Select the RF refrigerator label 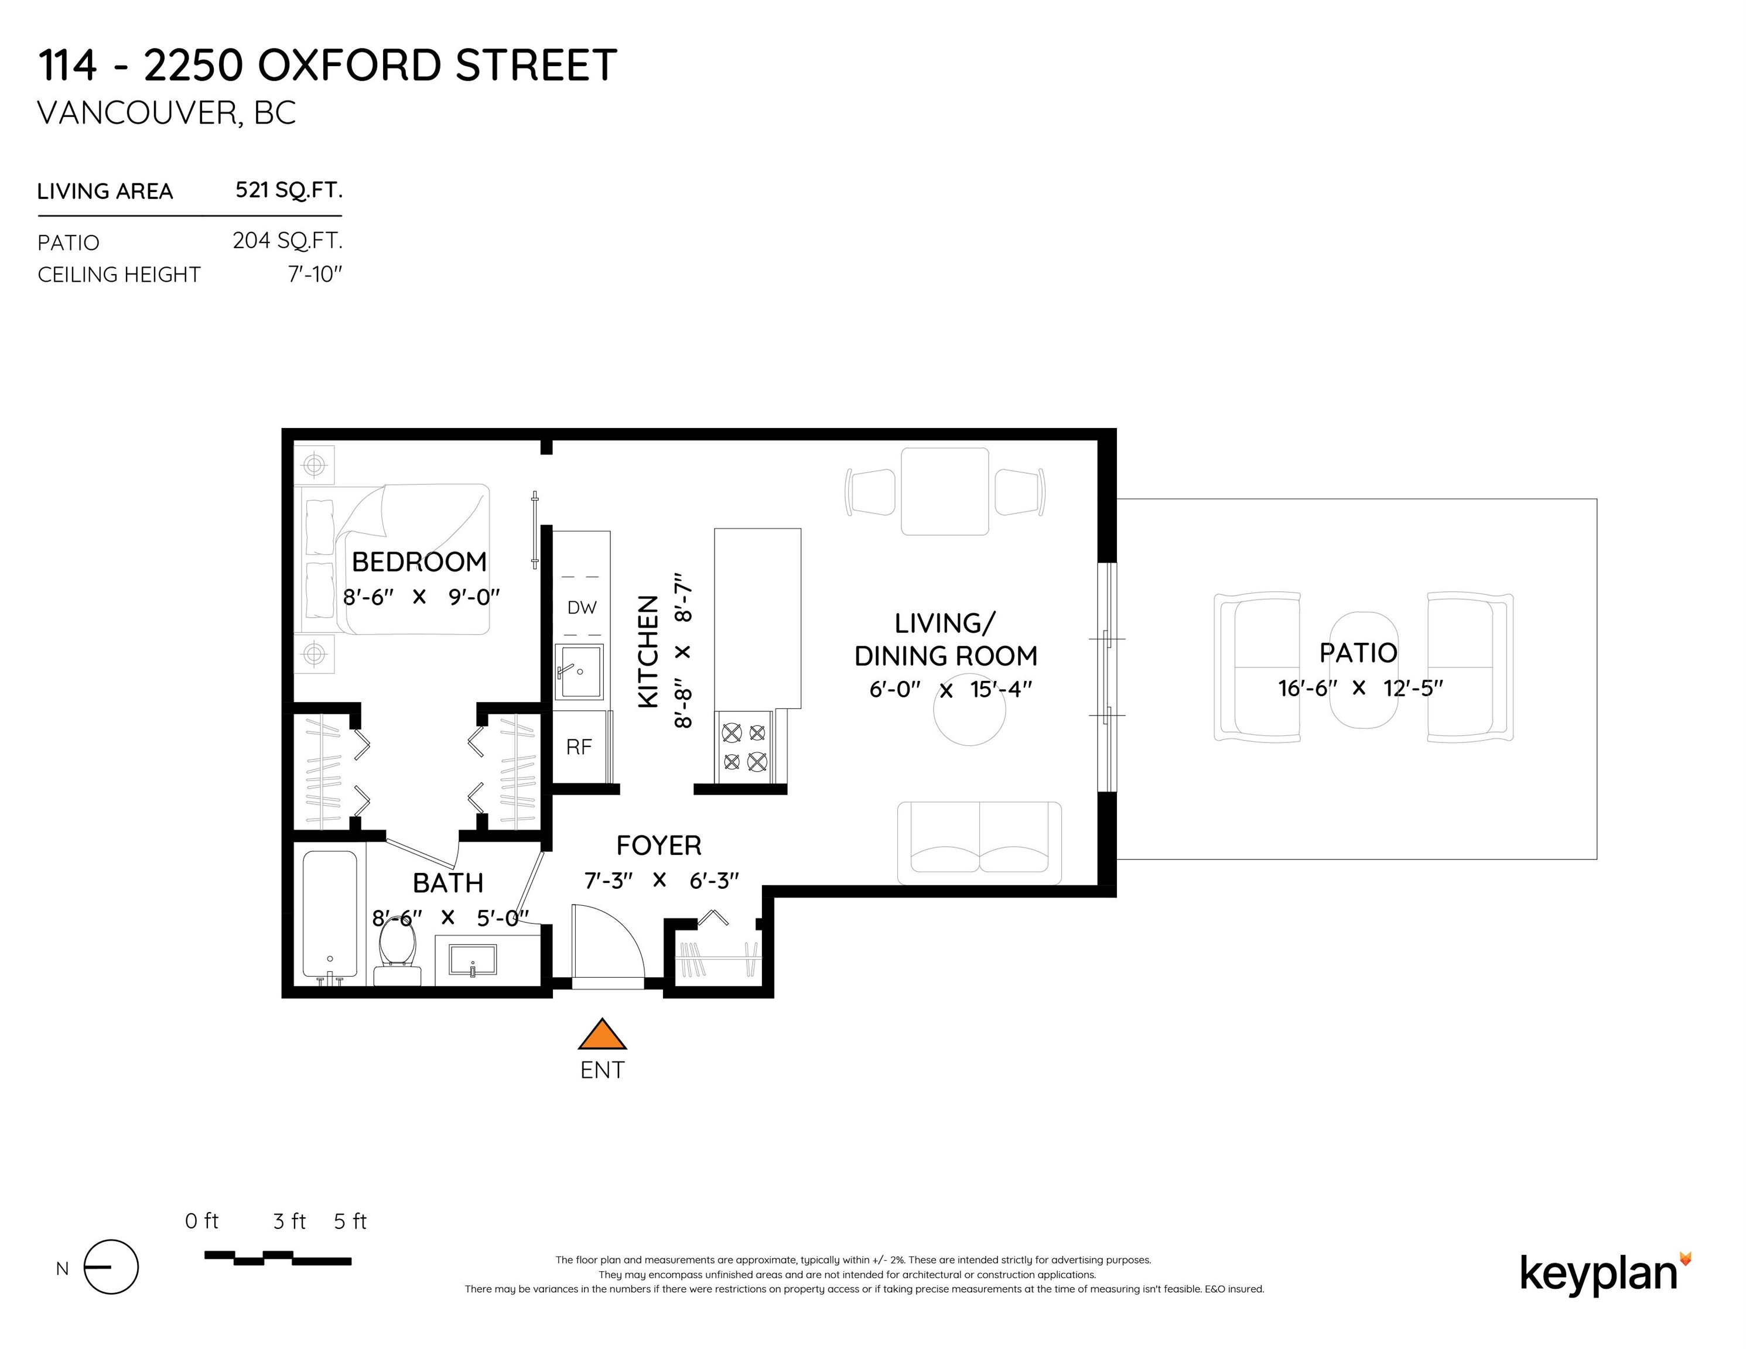(x=579, y=747)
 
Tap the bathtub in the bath (x=330, y=917)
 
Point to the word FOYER (x=659, y=845)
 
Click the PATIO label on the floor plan (x=1358, y=653)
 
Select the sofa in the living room (x=979, y=843)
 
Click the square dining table (x=945, y=491)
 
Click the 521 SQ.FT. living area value (x=289, y=190)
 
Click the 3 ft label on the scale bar (x=289, y=1221)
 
